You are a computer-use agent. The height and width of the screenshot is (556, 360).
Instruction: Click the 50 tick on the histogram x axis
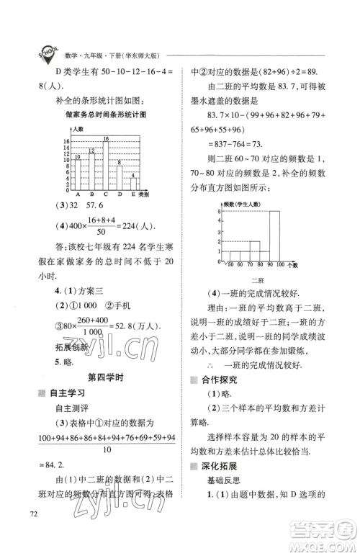[x=230, y=266]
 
